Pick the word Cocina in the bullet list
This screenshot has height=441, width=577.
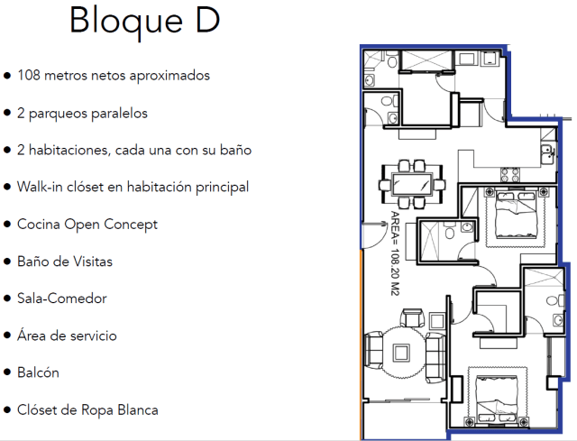pyautogui.click(x=39, y=224)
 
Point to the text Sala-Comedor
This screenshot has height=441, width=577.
pyautogui.click(x=61, y=298)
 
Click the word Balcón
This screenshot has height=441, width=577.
pyautogui.click(x=39, y=372)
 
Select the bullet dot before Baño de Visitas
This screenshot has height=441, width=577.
pyautogui.click(x=8, y=262)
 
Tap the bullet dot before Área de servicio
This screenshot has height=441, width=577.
pyautogui.click(x=8, y=335)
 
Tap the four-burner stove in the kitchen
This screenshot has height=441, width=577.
pyautogui.click(x=508, y=174)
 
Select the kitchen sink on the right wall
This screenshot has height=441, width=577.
pyautogui.click(x=545, y=152)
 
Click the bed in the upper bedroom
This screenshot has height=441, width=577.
pyautogui.click(x=514, y=215)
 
